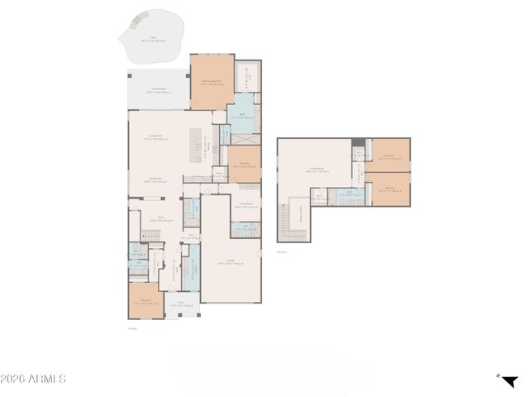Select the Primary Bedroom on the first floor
(x=212, y=82)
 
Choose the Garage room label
(x=232, y=264)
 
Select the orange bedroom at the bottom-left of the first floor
(x=145, y=301)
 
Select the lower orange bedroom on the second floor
(x=388, y=189)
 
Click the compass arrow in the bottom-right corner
(x=509, y=380)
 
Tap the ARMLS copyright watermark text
(x=33, y=380)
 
